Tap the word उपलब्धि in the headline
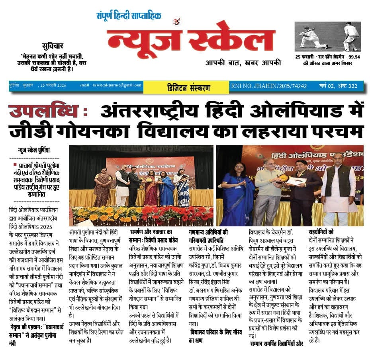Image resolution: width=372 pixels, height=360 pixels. pos(47,111)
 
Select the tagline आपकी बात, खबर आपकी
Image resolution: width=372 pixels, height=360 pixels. pos(243,62)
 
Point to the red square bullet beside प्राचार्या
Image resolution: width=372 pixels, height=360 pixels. pos(15,164)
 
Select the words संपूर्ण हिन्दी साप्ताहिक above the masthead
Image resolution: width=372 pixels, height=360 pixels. pos(129,16)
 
